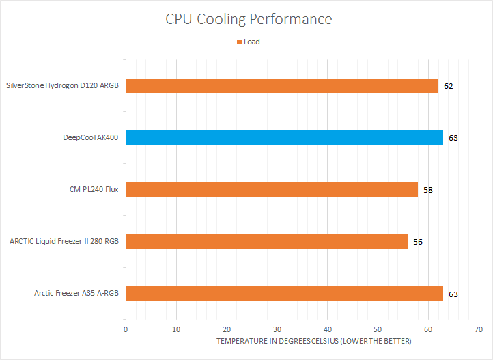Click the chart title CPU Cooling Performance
(x=249, y=19)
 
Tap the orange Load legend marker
(x=239, y=42)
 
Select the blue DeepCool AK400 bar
(x=284, y=137)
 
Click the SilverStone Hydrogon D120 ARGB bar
(x=281, y=86)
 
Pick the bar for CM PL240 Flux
(x=272, y=189)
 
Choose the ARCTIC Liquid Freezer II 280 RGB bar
(x=267, y=241)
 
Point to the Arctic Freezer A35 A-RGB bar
(x=284, y=294)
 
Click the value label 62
(x=448, y=86)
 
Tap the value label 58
(x=428, y=189)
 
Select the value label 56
(x=418, y=242)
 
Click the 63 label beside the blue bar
(x=453, y=138)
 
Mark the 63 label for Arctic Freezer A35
(x=453, y=294)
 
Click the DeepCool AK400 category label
(x=90, y=137)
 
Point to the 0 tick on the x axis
(x=126, y=329)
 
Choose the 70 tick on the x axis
(x=478, y=329)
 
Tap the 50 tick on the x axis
(x=378, y=329)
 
